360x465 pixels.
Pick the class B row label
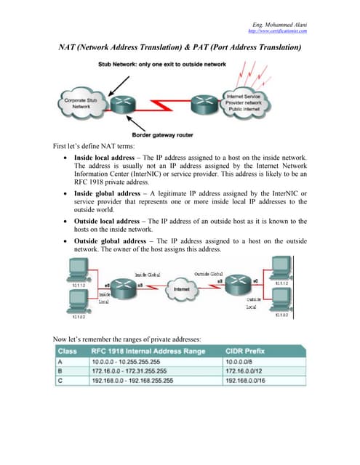tap(61, 370)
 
